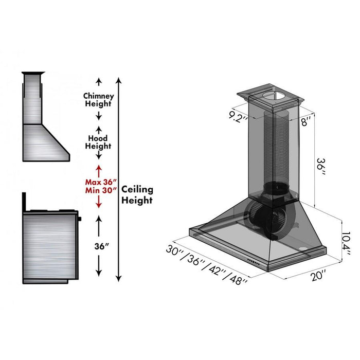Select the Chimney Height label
pos(98,100)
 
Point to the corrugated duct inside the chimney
pos(272,149)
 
